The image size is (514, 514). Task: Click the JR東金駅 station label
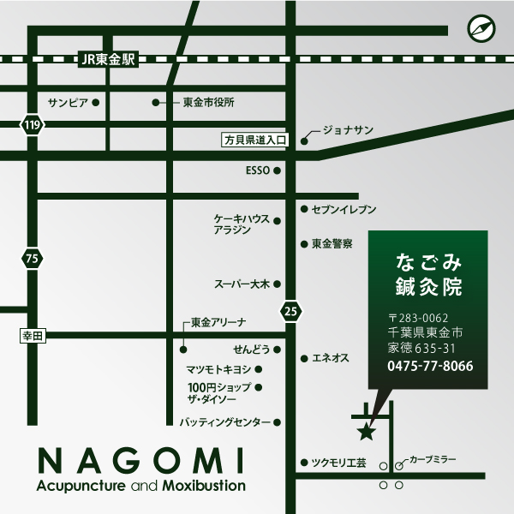pos(107,59)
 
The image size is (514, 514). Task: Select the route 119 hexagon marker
pos(33,126)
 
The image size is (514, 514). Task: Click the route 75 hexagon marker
pos(33,259)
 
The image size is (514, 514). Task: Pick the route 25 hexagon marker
pos(291,312)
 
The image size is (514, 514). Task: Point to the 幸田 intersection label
pos(33,338)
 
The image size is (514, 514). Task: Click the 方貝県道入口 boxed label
pos(256,139)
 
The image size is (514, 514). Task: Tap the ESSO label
pos(257,170)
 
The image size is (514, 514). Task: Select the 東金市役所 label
pos(208,102)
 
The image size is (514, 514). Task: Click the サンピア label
pos(68,102)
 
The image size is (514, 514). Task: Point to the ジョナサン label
pos(348,130)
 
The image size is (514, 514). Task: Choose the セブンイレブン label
pos(344,208)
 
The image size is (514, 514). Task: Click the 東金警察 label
pos(332,243)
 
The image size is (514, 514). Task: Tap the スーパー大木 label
pos(242,284)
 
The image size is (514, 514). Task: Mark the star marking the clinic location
pos(366,432)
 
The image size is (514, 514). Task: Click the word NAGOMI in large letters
pos(142,462)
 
